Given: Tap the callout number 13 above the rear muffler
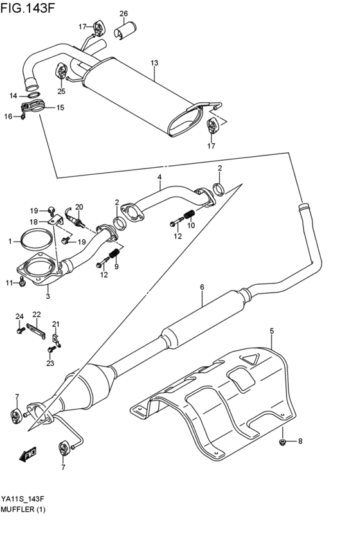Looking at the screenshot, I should [154, 63].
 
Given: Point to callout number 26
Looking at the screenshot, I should [123, 13].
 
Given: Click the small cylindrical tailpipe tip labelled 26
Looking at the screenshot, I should [124, 31].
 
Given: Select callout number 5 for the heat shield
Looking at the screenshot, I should [272, 330].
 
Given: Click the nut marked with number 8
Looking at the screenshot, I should [283, 442].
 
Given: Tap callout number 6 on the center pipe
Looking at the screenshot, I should [201, 287].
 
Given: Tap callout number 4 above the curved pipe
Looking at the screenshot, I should [159, 177].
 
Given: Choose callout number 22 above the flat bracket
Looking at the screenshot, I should [37, 314].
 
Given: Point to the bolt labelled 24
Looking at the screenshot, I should [21, 330].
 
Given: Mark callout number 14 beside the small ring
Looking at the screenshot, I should [14, 96].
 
